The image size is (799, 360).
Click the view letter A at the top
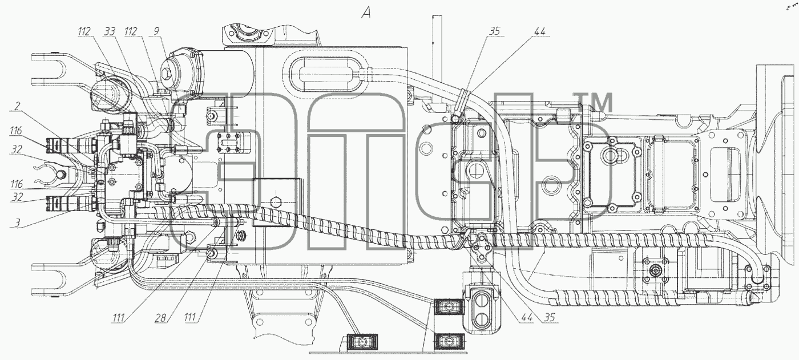point(366,13)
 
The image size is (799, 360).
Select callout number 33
point(110,31)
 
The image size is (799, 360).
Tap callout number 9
point(156,31)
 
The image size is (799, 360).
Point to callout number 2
point(17,106)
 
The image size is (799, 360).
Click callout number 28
point(160,318)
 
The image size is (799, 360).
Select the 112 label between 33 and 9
point(131,31)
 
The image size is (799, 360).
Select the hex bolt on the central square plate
point(276,203)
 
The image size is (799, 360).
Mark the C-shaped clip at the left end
point(45,175)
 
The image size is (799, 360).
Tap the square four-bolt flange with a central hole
point(655,271)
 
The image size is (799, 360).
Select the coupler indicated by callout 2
point(71,145)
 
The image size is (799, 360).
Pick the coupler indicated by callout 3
point(71,204)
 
